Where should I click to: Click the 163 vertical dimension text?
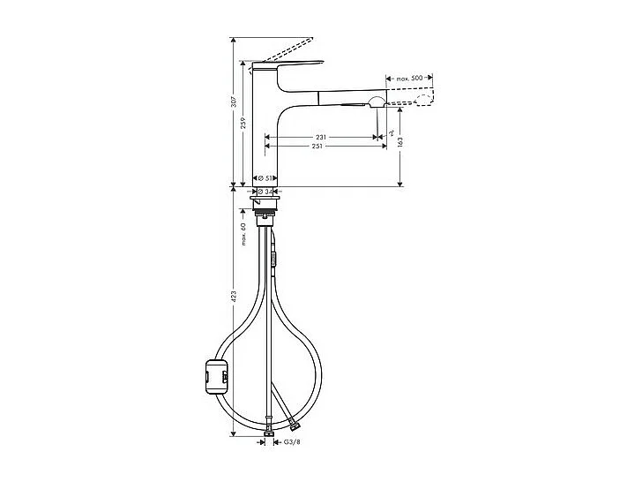pyautogui.click(x=401, y=142)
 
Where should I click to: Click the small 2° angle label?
pyautogui.click(x=390, y=132)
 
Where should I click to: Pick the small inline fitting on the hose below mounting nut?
pyautogui.click(x=274, y=257)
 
